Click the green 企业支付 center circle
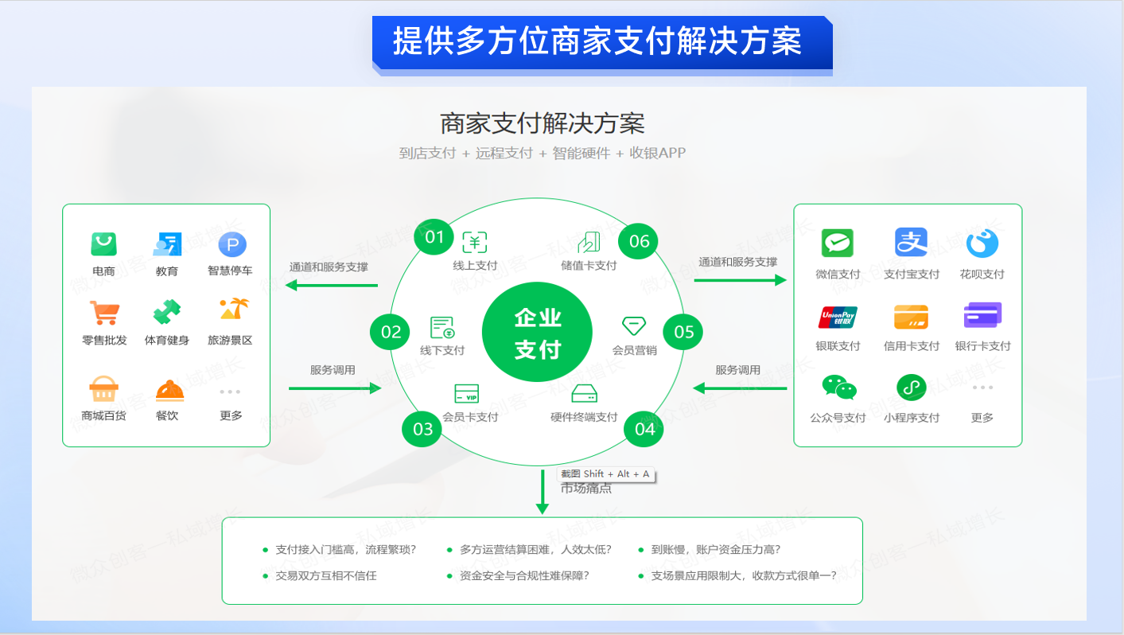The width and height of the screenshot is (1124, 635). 538,333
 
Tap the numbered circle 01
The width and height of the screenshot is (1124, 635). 434,237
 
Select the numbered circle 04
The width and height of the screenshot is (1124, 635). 645,429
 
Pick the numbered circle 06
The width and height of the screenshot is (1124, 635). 639,241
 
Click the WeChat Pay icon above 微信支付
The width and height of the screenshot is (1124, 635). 838,243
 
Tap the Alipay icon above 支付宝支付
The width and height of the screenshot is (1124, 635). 912,243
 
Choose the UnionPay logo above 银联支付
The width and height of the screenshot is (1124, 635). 838,317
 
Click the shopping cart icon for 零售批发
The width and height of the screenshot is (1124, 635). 103,312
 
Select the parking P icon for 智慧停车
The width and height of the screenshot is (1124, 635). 232,244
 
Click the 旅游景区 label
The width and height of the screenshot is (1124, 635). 230,341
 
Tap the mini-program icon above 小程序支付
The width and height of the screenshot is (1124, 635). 912,388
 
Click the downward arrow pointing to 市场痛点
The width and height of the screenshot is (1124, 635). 543,493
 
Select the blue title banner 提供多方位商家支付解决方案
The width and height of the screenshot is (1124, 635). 601,41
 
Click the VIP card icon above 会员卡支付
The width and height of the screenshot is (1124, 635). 466,394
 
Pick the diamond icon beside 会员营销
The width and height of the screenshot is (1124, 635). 634,325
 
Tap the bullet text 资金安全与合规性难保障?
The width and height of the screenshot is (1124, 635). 524,575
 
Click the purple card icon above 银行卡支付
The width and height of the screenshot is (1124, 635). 982,316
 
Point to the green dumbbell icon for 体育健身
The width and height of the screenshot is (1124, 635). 167,312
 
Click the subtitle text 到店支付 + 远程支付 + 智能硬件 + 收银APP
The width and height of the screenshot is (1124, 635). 542,153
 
